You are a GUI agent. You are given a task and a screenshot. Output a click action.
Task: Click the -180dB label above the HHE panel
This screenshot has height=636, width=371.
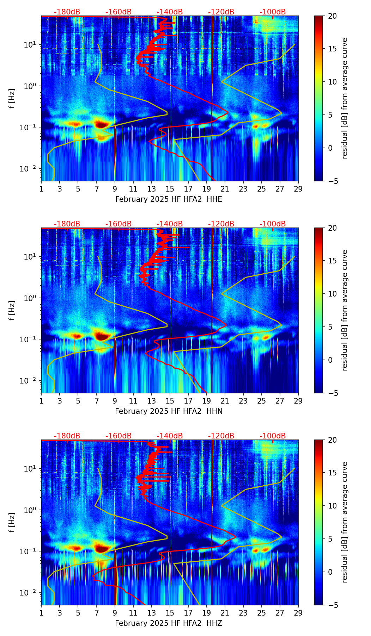[x=67, y=12]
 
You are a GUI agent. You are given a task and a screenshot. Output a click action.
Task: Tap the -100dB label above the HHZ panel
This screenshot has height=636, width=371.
[x=273, y=436]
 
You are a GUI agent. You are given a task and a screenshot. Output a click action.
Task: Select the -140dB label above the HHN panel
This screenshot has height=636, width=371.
[x=170, y=224]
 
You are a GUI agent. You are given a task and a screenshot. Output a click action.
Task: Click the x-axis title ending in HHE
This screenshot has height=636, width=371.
[x=169, y=199]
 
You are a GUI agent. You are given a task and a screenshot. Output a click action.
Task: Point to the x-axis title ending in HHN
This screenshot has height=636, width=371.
[x=169, y=411]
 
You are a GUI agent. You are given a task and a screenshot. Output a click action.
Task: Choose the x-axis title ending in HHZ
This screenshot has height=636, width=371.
[x=169, y=623]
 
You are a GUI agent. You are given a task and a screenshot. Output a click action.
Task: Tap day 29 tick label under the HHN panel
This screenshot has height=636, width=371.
[x=298, y=401]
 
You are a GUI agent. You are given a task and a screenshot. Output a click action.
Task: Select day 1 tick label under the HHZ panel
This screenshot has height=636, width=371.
[x=41, y=613]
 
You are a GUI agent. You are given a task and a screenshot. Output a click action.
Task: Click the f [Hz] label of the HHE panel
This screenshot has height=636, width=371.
[x=12, y=99]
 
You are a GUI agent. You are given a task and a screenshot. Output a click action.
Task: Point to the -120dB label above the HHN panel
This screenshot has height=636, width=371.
[x=221, y=224]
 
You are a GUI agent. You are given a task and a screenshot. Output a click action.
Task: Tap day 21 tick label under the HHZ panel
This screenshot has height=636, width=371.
[x=225, y=613]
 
